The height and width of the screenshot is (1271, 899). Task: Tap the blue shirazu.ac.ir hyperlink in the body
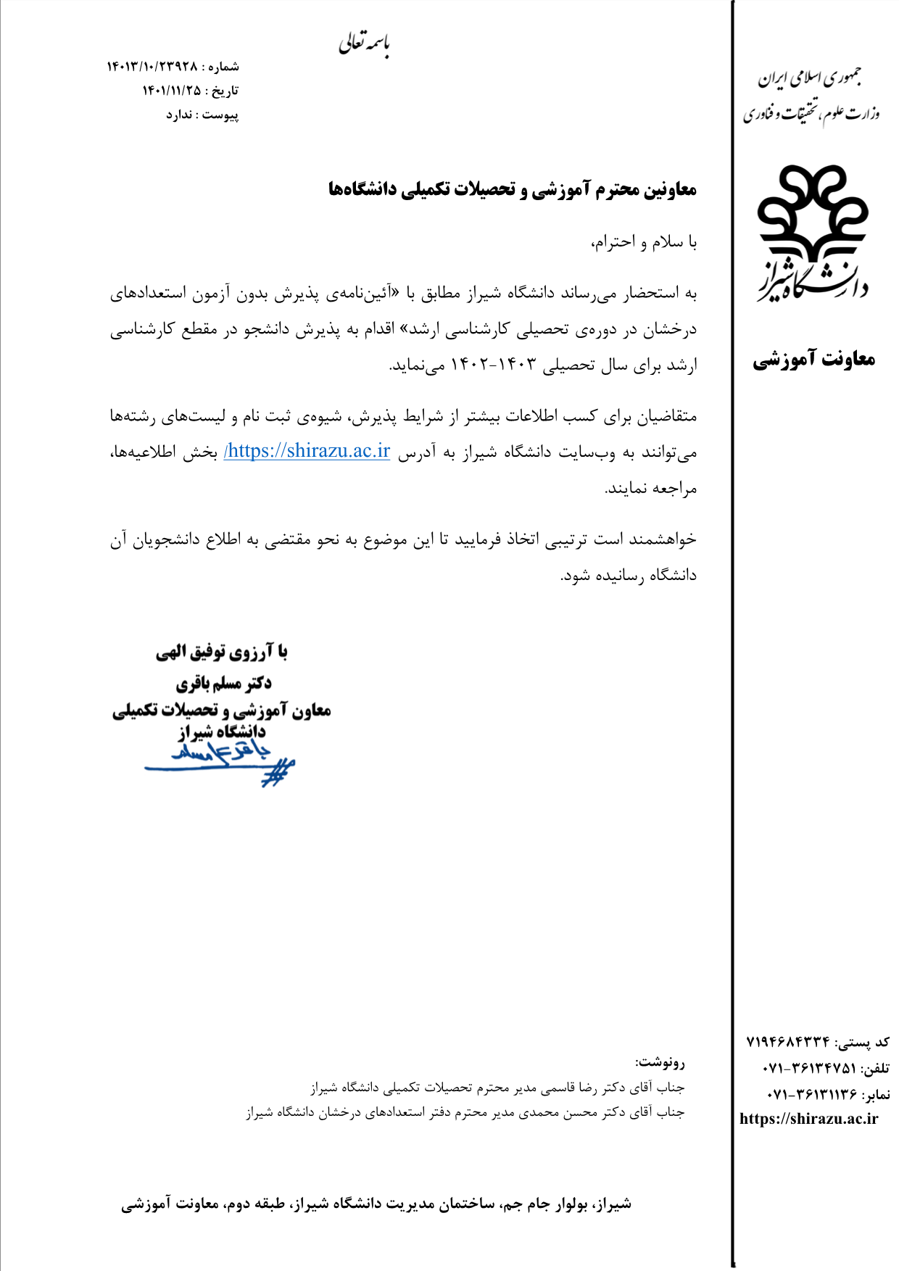(307, 451)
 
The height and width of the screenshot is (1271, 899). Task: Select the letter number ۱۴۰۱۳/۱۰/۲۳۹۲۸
(152, 67)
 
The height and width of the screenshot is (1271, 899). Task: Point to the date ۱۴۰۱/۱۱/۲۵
(171, 91)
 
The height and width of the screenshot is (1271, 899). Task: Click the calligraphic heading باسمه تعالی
(364, 44)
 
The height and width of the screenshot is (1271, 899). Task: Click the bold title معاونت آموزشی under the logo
(813, 359)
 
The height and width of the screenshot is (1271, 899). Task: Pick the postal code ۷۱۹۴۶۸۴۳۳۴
(788, 1043)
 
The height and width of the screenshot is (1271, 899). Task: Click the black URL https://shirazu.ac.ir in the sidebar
(808, 1119)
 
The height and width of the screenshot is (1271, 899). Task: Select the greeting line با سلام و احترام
(644, 241)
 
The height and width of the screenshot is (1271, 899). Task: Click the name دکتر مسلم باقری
(224, 683)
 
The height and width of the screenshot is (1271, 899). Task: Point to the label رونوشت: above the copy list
(660, 1063)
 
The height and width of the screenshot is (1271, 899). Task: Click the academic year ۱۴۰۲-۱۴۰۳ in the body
(493, 365)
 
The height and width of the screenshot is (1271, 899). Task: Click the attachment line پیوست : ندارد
(202, 115)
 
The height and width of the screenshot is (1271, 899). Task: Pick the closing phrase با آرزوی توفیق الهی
(222, 653)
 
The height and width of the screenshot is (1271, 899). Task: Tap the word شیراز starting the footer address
(615, 1204)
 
